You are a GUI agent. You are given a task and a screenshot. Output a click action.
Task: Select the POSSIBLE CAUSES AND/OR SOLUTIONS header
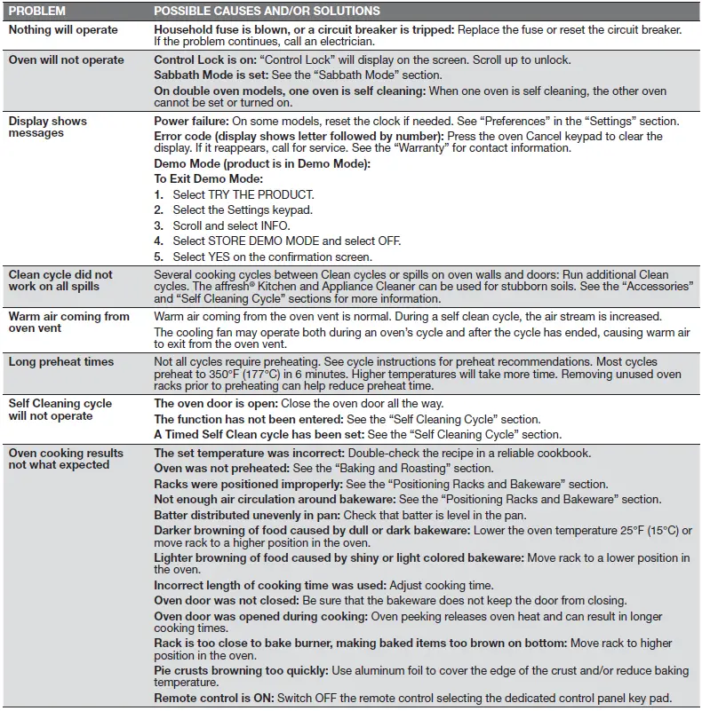tap(267, 11)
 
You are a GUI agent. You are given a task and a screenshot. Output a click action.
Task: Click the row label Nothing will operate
tap(62, 29)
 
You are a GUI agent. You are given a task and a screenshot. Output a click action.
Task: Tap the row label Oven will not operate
tap(67, 60)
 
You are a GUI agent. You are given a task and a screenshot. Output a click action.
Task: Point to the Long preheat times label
tap(61, 361)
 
